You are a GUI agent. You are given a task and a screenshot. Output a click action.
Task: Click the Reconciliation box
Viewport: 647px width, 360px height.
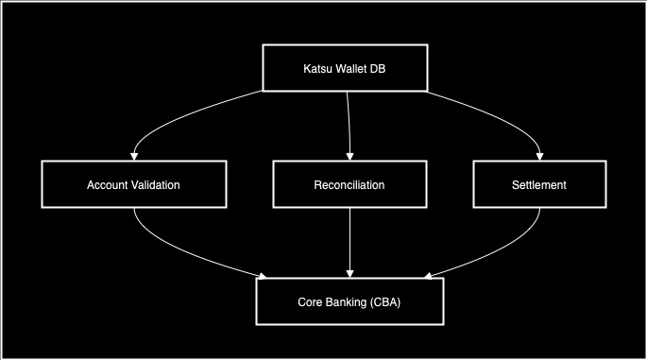click(x=349, y=185)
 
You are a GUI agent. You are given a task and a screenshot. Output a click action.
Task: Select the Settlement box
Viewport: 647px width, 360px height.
click(x=537, y=185)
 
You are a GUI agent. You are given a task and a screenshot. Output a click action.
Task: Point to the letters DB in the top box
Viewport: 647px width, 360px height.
click(x=379, y=68)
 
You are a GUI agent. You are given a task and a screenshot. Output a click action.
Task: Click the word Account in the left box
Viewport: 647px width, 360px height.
click(x=109, y=185)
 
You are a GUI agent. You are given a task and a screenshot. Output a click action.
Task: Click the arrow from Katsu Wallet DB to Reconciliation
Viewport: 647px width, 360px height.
click(x=349, y=123)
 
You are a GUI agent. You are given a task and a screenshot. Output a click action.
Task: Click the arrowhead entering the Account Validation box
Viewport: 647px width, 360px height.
click(x=135, y=155)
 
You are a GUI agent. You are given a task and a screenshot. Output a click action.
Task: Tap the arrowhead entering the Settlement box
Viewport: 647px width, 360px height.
click(x=540, y=155)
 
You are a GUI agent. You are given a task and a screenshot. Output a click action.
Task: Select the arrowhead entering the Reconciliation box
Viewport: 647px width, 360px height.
click(x=350, y=155)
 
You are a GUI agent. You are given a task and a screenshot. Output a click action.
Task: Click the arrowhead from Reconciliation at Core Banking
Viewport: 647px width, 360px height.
click(x=350, y=273)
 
